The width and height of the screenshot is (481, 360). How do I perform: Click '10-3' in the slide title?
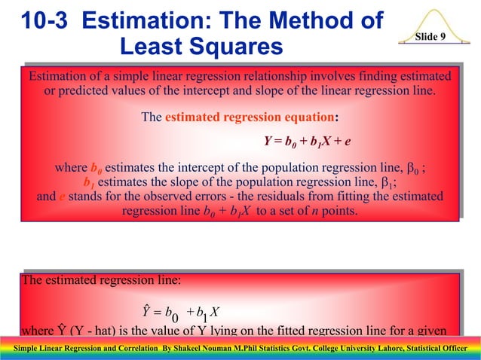tap(46, 20)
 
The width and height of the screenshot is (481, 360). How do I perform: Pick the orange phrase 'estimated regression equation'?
tap(249, 117)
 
